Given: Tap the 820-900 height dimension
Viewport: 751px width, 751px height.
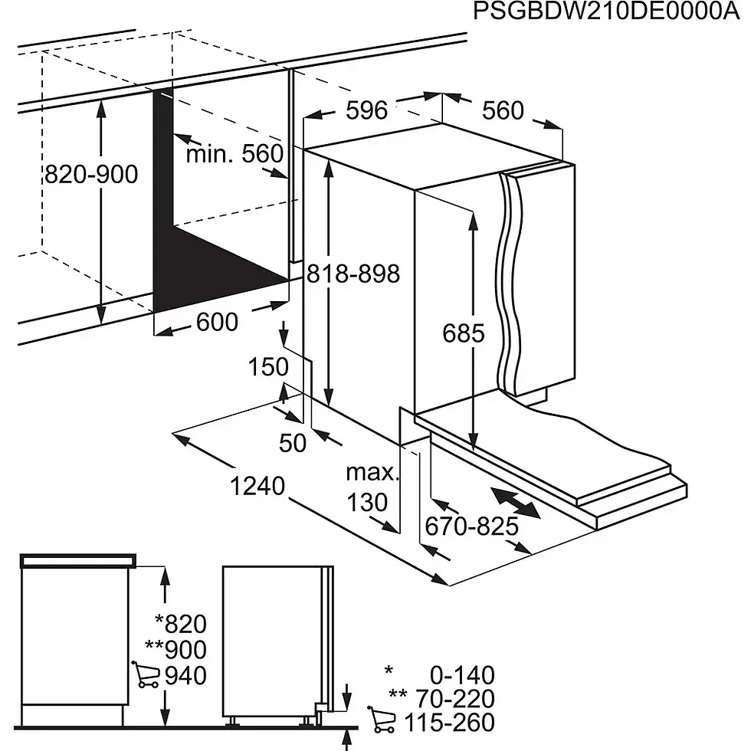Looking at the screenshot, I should point(90,175).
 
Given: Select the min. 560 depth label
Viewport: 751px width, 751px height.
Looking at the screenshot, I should point(234,154).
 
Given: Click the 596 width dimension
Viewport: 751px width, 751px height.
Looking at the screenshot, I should point(366,110).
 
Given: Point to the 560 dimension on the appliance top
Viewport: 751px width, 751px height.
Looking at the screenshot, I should point(503,111).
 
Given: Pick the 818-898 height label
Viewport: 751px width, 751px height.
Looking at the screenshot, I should point(353,274).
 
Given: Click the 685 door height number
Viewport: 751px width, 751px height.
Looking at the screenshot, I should point(464,333).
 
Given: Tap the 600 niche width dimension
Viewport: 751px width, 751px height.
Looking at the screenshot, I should point(217,323).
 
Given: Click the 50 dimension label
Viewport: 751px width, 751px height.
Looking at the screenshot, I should point(293,442).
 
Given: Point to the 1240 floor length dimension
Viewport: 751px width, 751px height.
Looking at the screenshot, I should point(258,485).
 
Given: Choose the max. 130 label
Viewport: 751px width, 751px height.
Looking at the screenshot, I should point(370,488).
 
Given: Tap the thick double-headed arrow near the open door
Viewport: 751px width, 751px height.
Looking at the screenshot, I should point(514,503).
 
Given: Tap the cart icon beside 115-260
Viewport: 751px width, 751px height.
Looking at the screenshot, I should point(382,720).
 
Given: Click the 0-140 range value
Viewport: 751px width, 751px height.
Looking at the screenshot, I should point(461,675).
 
